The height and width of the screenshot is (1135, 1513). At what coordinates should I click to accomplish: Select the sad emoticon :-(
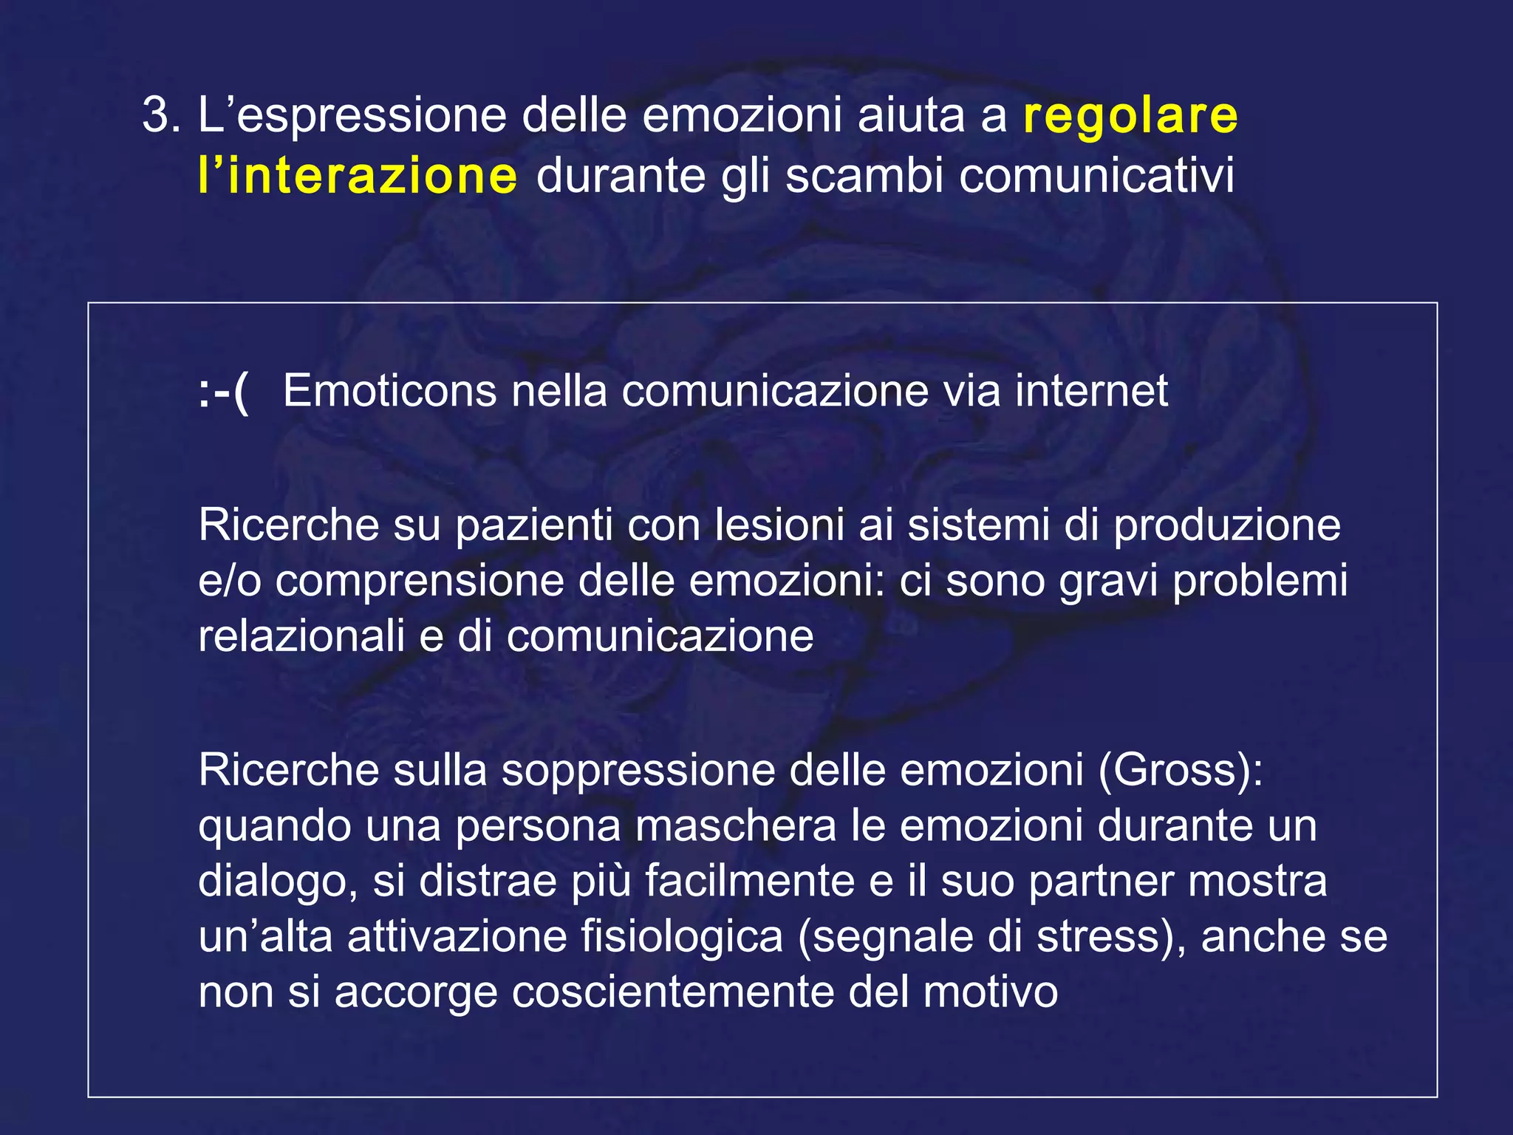(x=224, y=392)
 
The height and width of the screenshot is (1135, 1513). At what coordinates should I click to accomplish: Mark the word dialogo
(x=273, y=882)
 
